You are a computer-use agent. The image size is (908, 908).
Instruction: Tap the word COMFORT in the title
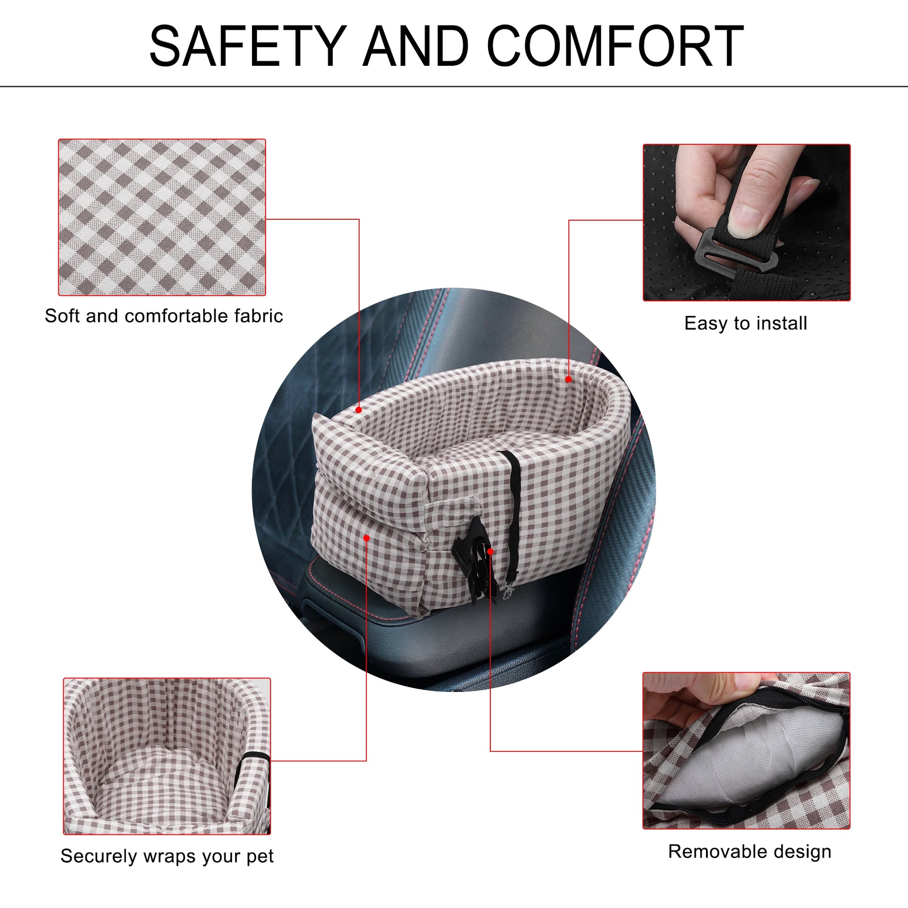pos(615,46)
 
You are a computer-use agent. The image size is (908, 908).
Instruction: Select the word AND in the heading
pos(416,46)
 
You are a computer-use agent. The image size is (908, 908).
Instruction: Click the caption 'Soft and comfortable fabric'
pos(164,316)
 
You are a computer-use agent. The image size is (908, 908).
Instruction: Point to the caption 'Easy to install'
pos(746,323)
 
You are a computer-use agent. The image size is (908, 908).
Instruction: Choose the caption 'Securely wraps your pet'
pos(167,856)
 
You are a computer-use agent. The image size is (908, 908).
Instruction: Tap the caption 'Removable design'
pos(750,851)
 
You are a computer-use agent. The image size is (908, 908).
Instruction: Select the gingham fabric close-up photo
pos(162,217)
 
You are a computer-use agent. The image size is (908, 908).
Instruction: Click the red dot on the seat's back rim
pos(568,379)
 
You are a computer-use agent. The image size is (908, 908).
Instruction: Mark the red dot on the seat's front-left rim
pos(359,410)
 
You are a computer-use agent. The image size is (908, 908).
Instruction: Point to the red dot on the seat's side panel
pos(367,538)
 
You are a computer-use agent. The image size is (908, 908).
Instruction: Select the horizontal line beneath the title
pos(454,86)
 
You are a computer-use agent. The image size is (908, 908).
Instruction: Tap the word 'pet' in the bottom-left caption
pos(260,857)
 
